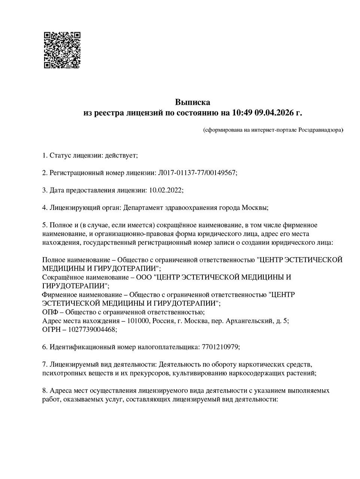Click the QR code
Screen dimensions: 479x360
[62, 50]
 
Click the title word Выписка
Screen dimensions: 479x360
[193, 102]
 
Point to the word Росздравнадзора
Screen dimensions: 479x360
[321, 130]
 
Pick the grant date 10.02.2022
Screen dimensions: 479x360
[165, 190]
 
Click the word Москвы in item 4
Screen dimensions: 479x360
[254, 208]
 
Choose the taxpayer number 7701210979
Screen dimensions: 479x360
[219, 347]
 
